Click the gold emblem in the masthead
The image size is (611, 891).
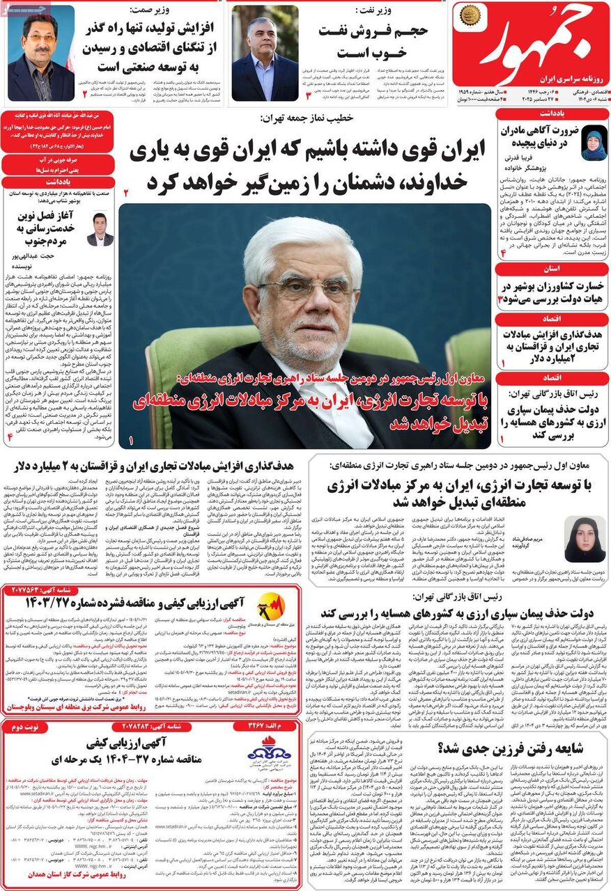[471, 15]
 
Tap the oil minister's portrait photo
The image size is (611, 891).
[265, 54]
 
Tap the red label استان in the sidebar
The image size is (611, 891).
[550, 267]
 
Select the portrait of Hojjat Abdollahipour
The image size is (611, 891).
[100, 229]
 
